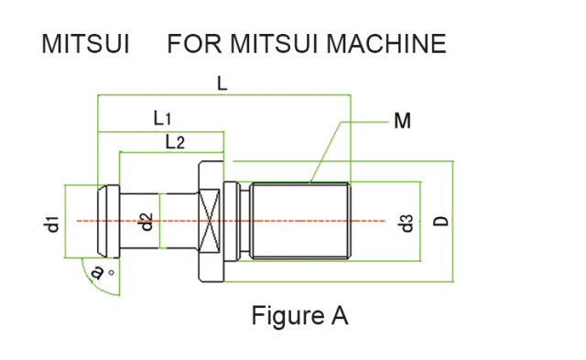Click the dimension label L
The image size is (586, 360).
tap(222, 83)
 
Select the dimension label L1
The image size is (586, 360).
tap(163, 118)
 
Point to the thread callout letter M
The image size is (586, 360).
tap(402, 120)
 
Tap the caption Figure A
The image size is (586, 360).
tap(299, 316)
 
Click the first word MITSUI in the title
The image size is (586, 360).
tap(85, 43)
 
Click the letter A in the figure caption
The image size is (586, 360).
tap(339, 316)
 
